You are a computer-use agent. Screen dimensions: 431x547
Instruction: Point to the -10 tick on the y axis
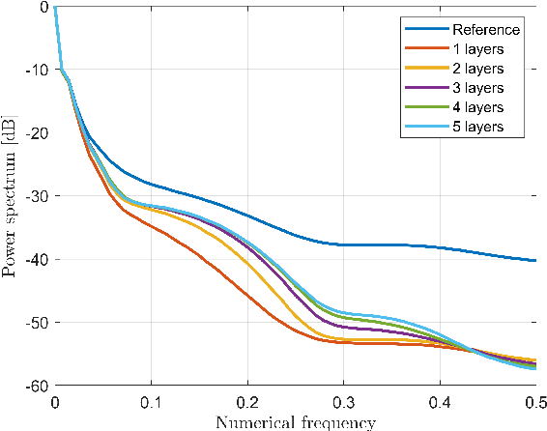click(38, 70)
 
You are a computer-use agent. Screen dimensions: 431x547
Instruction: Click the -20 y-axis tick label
click(38, 132)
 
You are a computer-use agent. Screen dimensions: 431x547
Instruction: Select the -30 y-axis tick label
click(38, 196)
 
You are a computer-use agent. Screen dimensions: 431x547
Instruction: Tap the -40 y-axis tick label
click(38, 259)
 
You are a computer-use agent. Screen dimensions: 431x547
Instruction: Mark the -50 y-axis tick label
click(38, 322)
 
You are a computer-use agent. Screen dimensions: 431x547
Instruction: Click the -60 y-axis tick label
click(38, 385)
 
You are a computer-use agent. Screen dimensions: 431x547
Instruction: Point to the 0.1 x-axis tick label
click(151, 401)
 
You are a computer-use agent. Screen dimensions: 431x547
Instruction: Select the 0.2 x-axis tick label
click(246, 401)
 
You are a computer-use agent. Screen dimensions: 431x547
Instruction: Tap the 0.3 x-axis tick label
click(343, 401)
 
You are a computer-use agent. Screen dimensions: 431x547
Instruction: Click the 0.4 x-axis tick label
click(439, 401)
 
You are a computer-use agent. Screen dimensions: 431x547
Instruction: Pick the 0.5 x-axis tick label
click(533, 401)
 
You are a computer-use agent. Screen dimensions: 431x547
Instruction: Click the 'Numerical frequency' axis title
click(295, 421)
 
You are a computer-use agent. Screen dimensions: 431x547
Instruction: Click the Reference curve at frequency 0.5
click(534, 260)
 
